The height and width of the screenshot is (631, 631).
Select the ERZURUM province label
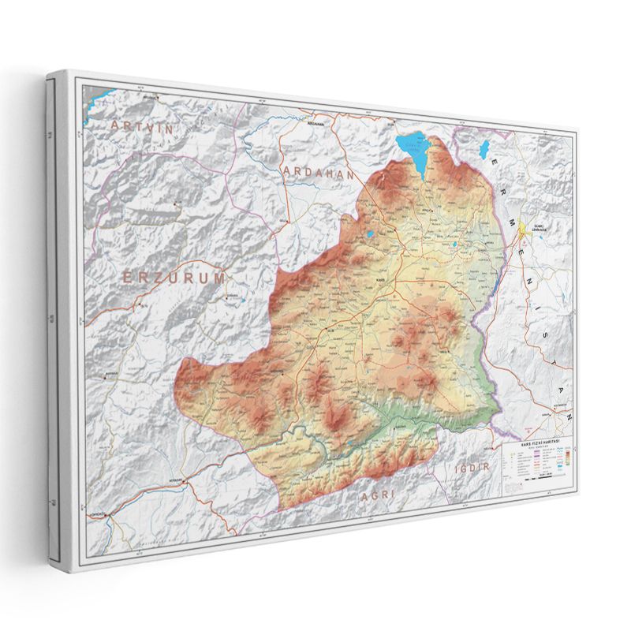tap(174, 277)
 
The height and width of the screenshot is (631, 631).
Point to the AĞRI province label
tap(377, 497)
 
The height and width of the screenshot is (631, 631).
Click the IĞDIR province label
tap(473, 467)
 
